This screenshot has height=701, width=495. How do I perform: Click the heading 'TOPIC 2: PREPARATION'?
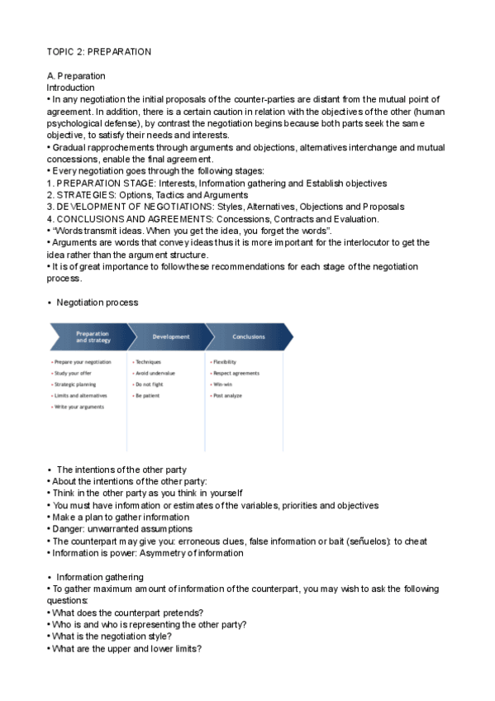(98, 51)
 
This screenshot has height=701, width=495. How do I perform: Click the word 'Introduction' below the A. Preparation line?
(70, 87)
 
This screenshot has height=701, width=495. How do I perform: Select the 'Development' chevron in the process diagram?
(171, 336)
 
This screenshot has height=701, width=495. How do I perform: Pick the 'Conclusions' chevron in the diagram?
(249, 336)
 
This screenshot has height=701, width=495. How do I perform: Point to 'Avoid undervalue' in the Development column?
(155, 373)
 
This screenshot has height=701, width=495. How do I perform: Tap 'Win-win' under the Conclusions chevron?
(223, 384)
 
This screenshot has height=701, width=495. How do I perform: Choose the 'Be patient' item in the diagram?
(148, 396)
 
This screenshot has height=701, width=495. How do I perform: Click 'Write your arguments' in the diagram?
(79, 408)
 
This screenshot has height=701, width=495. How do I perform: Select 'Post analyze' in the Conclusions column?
(227, 396)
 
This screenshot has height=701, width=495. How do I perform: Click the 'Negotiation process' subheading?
(97, 303)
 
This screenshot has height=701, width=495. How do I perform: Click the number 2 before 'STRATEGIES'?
(50, 195)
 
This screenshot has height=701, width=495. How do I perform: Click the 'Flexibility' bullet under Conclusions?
(225, 361)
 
